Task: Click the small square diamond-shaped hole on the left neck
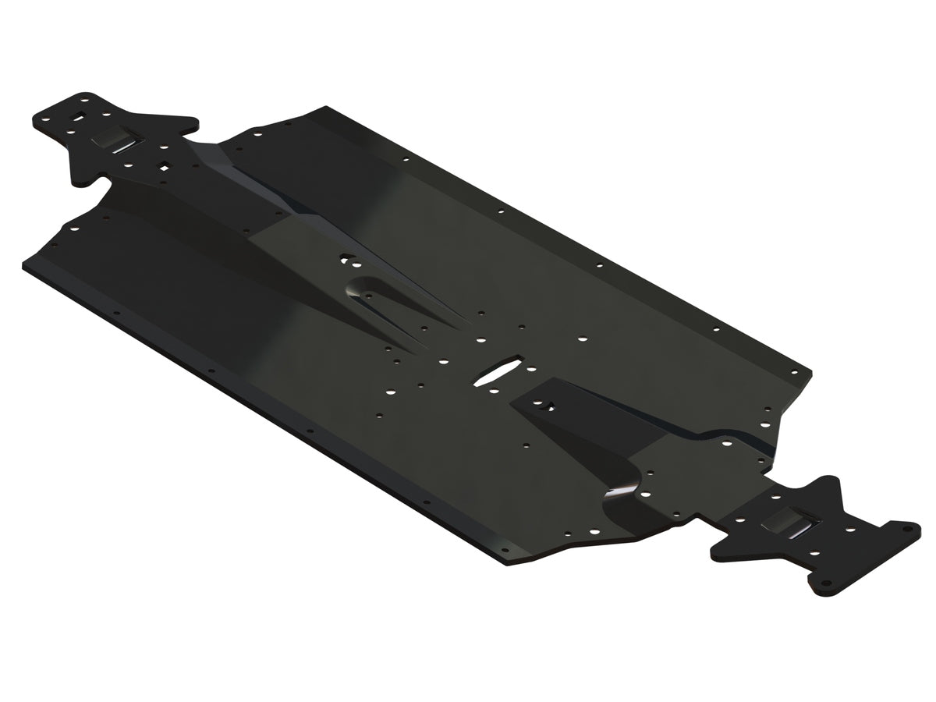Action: point(165,165)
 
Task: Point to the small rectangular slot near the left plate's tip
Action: point(78,118)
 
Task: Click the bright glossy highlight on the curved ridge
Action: point(624,490)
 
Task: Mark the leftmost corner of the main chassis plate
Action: point(25,262)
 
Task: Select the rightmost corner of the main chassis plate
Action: point(811,373)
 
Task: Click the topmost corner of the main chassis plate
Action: point(326,107)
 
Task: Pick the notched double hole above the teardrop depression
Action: point(348,256)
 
